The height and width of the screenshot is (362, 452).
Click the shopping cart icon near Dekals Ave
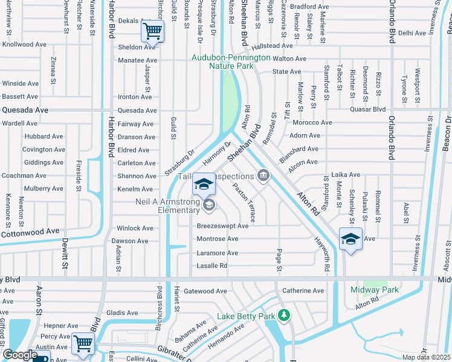(153, 30)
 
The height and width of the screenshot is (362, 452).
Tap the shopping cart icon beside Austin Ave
(83, 343)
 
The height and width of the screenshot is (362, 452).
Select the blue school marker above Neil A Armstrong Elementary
(204, 184)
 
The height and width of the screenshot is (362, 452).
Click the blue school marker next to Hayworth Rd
(350, 239)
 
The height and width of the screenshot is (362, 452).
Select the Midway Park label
(375, 290)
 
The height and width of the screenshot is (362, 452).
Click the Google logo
(20, 355)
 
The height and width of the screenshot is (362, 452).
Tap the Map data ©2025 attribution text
(425, 357)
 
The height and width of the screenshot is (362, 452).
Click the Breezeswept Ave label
(222, 226)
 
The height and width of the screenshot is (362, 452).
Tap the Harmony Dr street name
(217, 153)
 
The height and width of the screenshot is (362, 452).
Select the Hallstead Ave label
(272, 46)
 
